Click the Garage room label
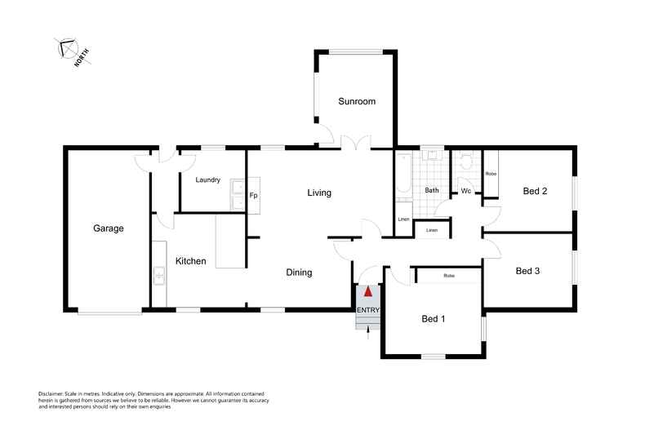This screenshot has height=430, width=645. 108,228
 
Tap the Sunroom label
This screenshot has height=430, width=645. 357,101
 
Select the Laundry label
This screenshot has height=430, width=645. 207,180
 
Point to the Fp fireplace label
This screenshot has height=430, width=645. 253,196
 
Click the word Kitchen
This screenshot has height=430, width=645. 190,261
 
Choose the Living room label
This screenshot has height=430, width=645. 319,193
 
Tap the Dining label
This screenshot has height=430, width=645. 299,273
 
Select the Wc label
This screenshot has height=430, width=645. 465,191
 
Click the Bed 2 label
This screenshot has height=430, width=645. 534,191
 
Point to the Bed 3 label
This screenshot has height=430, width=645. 528,271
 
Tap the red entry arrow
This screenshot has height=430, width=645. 368,290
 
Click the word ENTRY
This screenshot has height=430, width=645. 367,309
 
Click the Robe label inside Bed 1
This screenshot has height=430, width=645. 448,276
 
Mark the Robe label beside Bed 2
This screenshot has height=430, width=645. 491,174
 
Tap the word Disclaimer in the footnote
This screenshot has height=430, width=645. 54,393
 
